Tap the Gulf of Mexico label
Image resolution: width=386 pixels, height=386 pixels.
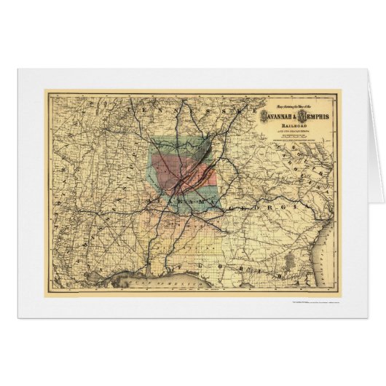157,271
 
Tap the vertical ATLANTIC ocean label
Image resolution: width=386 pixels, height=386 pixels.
334,248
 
